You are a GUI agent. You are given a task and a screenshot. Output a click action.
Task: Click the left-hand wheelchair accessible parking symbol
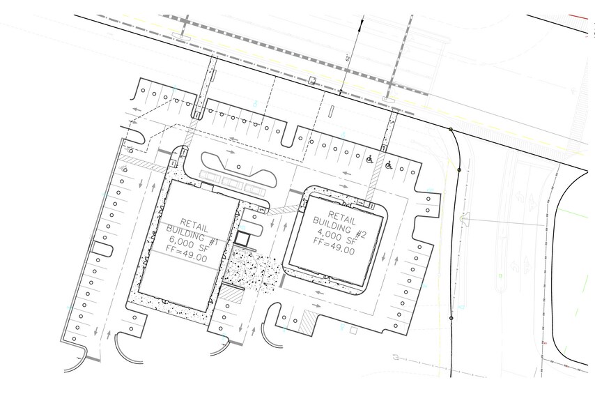[369, 160]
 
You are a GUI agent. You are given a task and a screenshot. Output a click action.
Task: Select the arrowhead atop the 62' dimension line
[360, 26]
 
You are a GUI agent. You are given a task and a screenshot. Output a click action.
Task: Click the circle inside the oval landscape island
[239, 166]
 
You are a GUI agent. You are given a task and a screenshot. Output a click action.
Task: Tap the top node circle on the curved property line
[451, 130]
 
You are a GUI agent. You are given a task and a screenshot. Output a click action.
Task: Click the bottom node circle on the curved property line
[451, 318]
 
